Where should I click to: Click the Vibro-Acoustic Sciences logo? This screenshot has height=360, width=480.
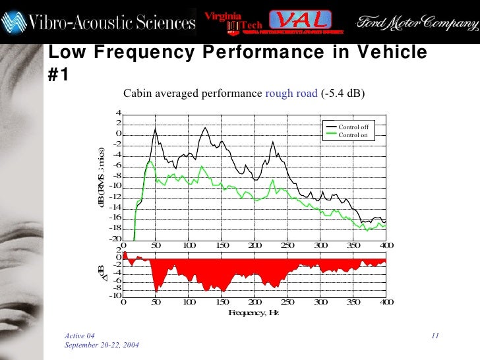click(x=99, y=22)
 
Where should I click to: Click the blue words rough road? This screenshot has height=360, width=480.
click(x=291, y=94)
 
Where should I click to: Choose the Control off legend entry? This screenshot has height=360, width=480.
click(x=353, y=127)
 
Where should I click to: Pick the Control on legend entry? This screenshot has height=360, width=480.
click(x=353, y=135)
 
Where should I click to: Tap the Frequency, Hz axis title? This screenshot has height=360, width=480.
click(x=254, y=312)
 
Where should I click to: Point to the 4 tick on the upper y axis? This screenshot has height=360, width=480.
click(x=118, y=113)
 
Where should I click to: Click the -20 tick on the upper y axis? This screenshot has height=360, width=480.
click(x=115, y=239)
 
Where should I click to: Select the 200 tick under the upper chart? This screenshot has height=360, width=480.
click(x=255, y=245)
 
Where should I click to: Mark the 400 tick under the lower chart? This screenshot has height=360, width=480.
click(x=386, y=302)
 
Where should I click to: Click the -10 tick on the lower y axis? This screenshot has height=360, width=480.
click(x=115, y=295)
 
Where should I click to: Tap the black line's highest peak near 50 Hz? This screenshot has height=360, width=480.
click(x=155, y=129)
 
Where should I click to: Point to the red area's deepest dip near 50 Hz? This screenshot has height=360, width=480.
click(x=156, y=291)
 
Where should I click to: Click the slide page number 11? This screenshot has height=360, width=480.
click(x=435, y=337)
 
